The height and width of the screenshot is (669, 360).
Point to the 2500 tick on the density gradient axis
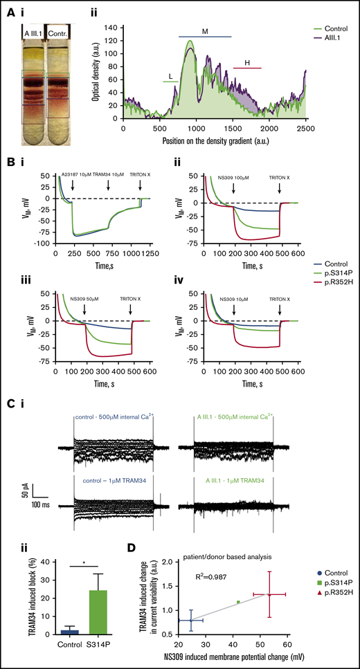306,129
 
